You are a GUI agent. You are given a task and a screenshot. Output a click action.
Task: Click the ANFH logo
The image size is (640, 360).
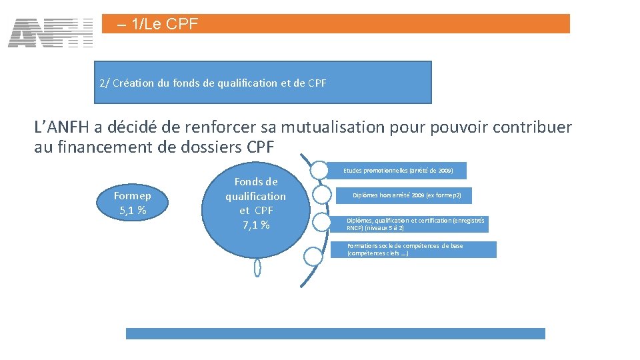pyautogui.click(x=51, y=33)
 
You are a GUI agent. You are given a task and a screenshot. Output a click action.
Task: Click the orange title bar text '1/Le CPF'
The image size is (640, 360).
pyautogui.click(x=157, y=25)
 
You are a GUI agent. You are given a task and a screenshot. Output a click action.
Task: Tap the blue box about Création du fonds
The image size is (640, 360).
pyautogui.click(x=263, y=83)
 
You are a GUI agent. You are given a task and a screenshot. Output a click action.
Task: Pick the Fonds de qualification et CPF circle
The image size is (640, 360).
pyautogui.click(x=255, y=203)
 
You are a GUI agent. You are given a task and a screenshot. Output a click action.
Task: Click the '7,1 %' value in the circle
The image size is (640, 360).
pyautogui.click(x=255, y=225)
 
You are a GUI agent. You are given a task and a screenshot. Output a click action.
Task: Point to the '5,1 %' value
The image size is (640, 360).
pyautogui.click(x=133, y=211)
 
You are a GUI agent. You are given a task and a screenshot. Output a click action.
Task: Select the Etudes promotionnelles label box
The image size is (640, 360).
pyautogui.click(x=398, y=171)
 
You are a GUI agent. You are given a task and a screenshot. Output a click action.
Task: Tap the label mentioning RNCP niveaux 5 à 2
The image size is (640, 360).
pyautogui.click(x=415, y=223)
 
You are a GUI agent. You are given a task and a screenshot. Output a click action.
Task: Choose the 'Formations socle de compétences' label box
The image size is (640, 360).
pyautogui.click(x=413, y=249)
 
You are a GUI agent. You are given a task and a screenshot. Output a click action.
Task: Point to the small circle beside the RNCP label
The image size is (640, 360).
pyautogui.click(x=321, y=223)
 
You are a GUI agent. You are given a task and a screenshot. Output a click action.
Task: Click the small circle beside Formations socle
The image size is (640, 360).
pyautogui.click(x=313, y=255)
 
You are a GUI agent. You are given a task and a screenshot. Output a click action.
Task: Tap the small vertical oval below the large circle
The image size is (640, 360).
pyautogui.click(x=257, y=267)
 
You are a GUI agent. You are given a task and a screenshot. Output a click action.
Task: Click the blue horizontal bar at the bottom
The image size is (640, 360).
pyautogui.click(x=335, y=333)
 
